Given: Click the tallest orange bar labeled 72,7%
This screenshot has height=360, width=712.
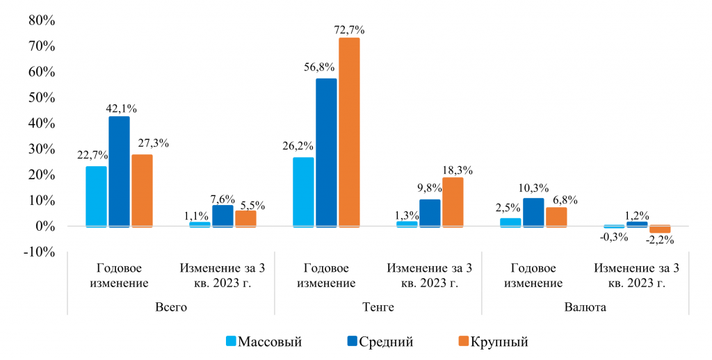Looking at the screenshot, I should [x=349, y=132].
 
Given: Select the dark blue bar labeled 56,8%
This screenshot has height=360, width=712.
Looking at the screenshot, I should [x=326, y=153].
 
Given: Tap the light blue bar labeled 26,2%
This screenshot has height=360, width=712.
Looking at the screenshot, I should [x=303, y=192].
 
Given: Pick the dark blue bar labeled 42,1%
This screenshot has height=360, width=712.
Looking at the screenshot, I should [x=119, y=172].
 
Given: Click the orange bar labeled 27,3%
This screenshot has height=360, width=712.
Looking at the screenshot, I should [x=142, y=190].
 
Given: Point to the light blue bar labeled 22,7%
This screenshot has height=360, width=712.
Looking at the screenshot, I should [x=96, y=197].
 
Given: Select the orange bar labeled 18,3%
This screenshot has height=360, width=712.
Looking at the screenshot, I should [x=453, y=202].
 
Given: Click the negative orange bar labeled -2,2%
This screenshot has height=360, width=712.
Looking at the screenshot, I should [x=660, y=229].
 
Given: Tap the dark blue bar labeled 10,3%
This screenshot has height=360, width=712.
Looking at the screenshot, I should [x=533, y=213].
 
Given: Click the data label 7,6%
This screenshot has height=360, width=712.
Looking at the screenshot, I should [x=223, y=198].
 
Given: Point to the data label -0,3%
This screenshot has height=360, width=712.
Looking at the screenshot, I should [x=615, y=238].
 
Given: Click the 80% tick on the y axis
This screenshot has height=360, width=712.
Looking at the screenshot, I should [x=41, y=21].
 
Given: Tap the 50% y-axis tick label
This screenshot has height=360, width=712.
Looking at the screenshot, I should [x=41, y=97].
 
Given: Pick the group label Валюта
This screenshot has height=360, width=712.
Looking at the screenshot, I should [x=585, y=306].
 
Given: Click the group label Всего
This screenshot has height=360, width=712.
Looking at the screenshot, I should [x=171, y=306].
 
